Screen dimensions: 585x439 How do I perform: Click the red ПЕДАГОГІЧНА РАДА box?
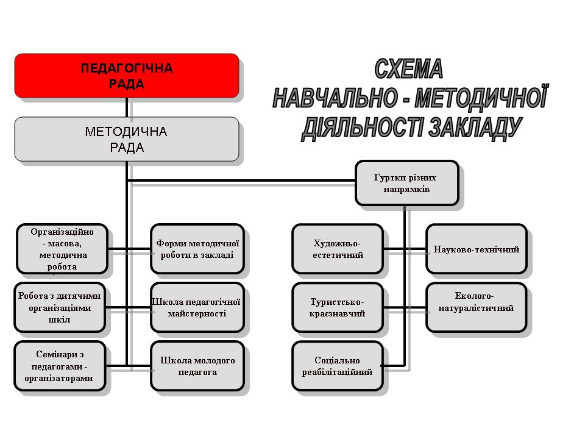pos(127,76)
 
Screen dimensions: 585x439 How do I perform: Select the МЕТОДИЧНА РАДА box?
pos(127,139)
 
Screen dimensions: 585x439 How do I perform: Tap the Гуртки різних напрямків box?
pos(406,183)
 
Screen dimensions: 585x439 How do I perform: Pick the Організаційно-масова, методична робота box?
pos(62,249)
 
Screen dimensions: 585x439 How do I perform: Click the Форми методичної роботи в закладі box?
pos(197,249)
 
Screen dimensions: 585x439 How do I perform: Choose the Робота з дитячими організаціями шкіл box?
pos(60,307)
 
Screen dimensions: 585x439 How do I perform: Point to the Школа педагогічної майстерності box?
pos(197,307)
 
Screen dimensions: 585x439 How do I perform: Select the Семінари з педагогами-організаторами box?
pos(60,366)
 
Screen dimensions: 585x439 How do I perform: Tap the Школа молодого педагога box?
pos(197,366)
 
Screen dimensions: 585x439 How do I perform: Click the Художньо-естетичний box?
pos(338,249)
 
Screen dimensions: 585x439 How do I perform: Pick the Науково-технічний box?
pos(477,249)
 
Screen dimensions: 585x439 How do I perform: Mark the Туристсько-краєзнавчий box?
pos(338,307)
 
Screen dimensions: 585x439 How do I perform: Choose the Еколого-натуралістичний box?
pos(477,307)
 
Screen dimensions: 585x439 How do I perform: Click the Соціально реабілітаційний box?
pos(338,366)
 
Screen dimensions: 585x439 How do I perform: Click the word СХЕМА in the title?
pos(408,69)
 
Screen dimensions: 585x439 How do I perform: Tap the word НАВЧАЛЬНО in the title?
pos(335,98)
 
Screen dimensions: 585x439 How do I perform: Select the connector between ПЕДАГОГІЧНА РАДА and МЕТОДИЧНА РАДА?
pos(127,107)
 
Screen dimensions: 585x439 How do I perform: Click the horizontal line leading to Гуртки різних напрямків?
pos(241,180)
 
